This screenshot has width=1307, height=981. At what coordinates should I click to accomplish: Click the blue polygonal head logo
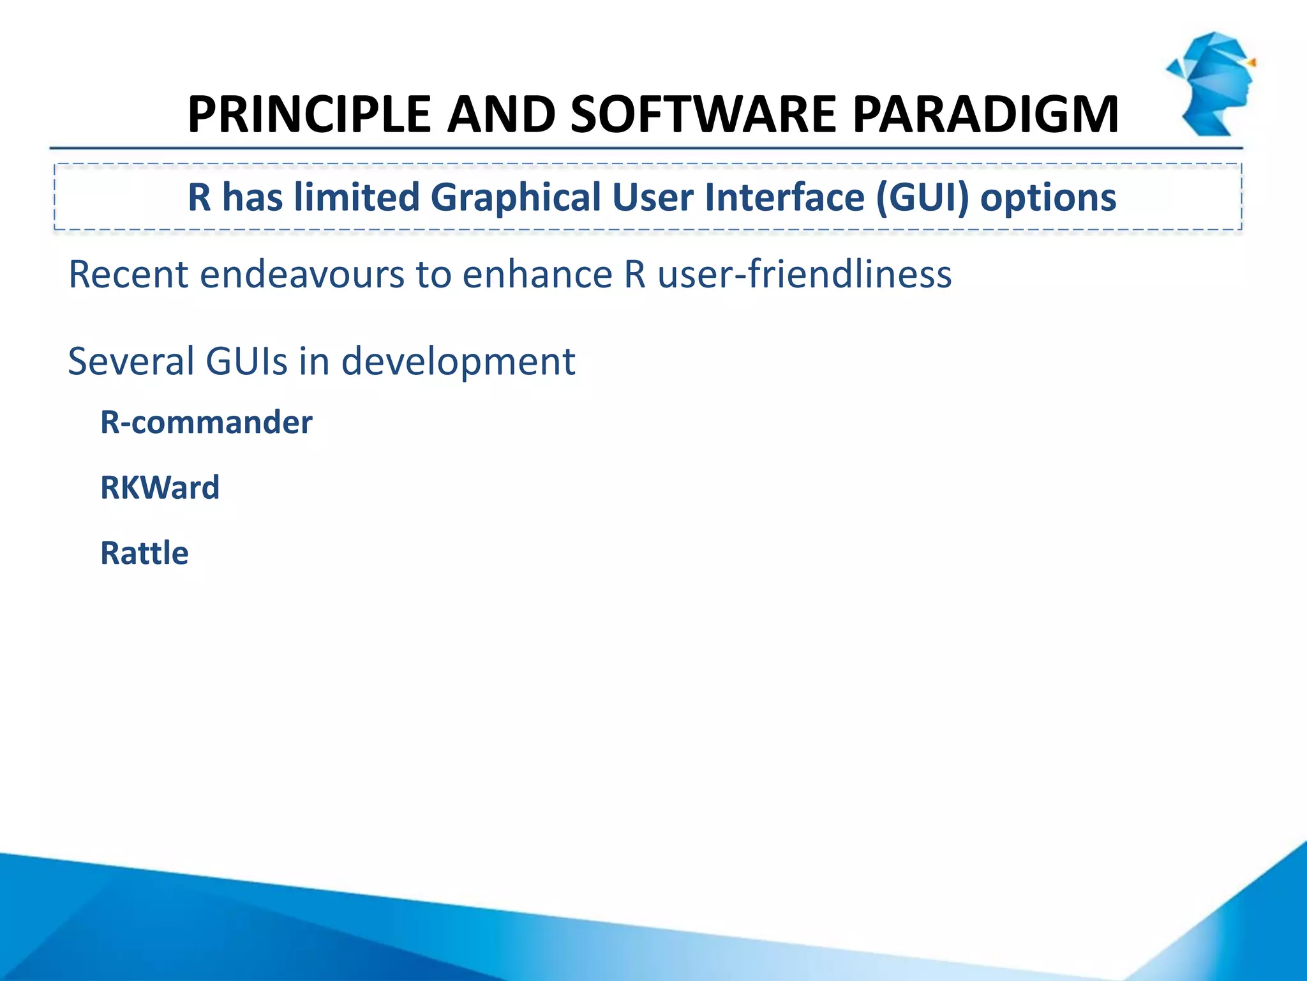(x=1210, y=83)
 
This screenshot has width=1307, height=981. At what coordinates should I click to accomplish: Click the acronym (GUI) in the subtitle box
(x=922, y=198)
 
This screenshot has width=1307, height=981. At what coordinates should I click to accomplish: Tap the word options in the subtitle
(x=1049, y=198)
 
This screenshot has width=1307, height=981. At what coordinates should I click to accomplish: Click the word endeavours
(x=302, y=275)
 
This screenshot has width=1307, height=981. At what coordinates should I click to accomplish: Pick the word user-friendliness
(x=804, y=275)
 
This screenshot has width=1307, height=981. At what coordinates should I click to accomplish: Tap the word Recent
(x=128, y=275)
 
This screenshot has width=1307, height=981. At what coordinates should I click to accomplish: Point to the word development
(x=458, y=361)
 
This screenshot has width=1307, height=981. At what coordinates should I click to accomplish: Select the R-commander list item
(x=206, y=423)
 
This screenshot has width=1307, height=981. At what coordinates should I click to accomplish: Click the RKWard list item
(x=160, y=488)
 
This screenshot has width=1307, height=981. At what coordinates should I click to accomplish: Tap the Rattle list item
(x=144, y=553)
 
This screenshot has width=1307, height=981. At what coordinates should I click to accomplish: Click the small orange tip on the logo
(x=1251, y=63)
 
